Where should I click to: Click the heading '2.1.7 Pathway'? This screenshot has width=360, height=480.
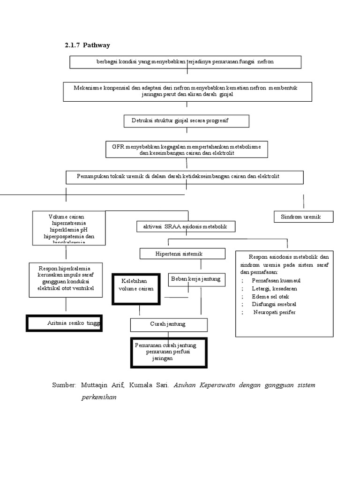click(87, 45)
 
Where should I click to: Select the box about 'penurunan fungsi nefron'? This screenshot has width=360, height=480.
click(185, 62)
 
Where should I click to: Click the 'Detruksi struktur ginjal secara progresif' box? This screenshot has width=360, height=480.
click(186, 121)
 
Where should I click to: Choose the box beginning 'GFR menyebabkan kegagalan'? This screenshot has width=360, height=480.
click(187, 150)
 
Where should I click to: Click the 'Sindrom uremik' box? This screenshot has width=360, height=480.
click(303, 217)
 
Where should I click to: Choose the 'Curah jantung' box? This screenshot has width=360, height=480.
click(168, 324)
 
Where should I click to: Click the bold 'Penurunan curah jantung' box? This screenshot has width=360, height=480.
click(169, 352)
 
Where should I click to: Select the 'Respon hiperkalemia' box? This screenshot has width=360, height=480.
click(66, 278)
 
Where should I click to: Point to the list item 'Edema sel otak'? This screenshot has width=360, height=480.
click(270, 296)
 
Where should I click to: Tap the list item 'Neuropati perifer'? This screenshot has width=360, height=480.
click(274, 312)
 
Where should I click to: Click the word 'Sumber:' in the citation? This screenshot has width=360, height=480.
click(64, 385)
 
